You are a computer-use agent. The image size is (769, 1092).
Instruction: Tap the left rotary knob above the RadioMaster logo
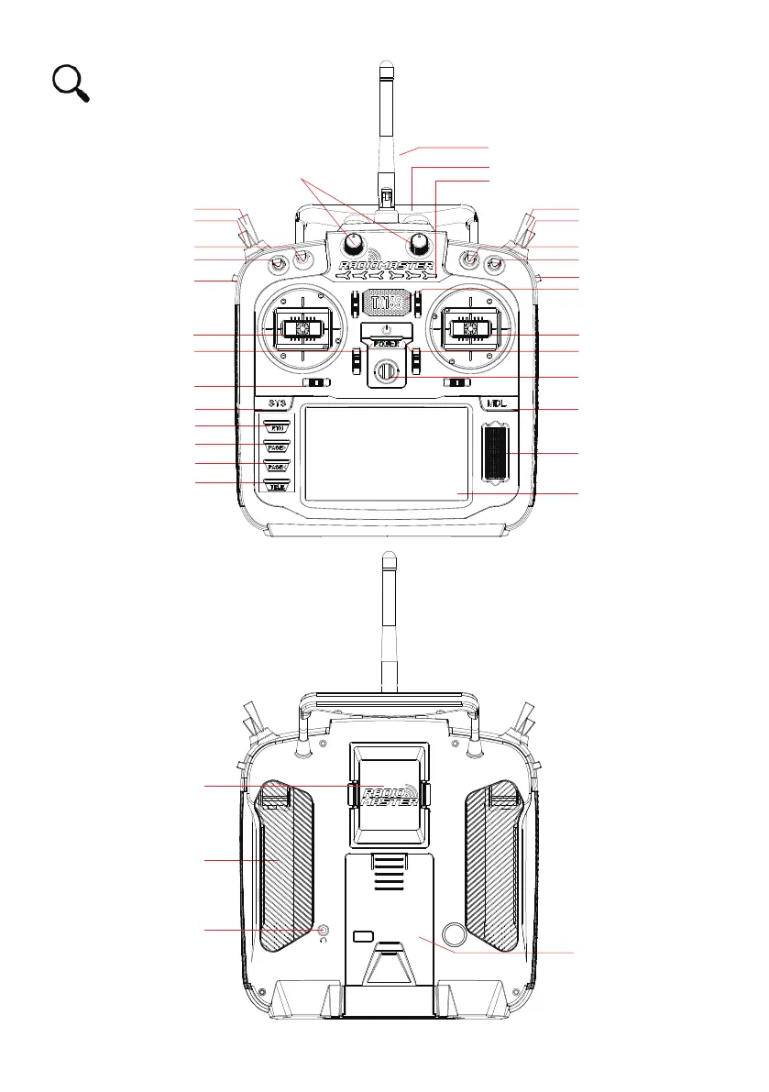(x=354, y=245)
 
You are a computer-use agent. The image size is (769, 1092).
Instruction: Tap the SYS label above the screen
(x=278, y=403)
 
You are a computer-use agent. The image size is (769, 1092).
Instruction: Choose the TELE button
(x=277, y=486)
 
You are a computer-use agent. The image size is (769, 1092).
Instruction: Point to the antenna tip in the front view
(x=386, y=68)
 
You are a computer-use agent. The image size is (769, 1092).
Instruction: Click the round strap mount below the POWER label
(x=386, y=371)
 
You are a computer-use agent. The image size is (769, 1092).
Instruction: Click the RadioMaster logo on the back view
(x=389, y=795)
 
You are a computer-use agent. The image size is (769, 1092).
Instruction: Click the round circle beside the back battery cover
(x=454, y=933)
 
